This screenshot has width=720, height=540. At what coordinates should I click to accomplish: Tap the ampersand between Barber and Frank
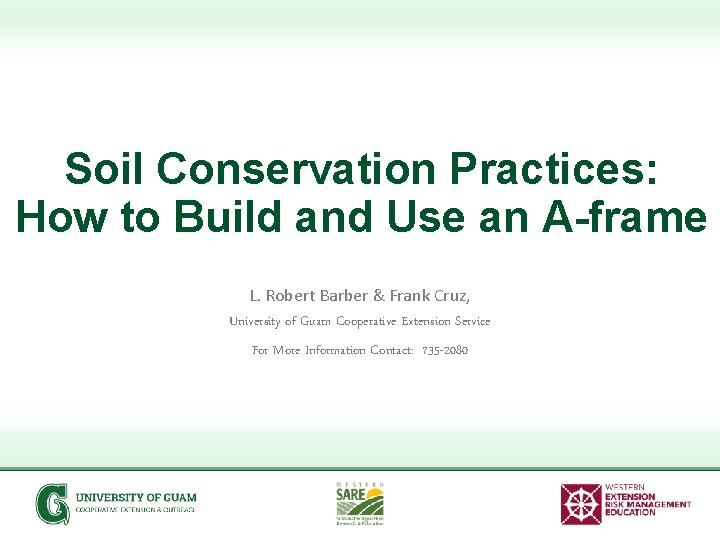(x=378, y=296)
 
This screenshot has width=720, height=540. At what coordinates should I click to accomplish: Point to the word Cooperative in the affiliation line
(x=366, y=322)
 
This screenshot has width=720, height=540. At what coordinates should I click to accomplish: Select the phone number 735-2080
(x=445, y=350)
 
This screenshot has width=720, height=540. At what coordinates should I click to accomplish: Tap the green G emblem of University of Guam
(x=52, y=503)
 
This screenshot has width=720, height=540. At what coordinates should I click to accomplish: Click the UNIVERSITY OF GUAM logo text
(x=136, y=497)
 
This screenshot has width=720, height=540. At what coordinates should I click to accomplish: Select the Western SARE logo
(x=359, y=503)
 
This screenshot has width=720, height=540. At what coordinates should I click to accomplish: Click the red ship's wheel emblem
(x=581, y=504)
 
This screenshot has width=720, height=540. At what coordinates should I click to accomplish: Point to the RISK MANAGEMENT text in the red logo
(x=647, y=504)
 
